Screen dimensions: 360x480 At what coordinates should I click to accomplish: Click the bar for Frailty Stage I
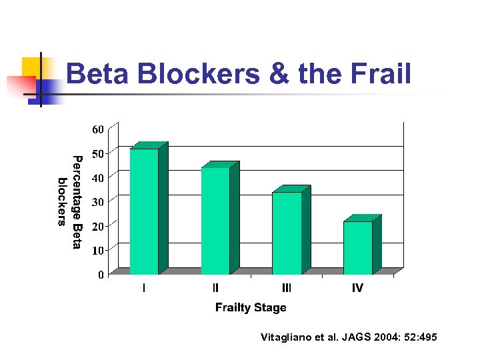click(x=144, y=211)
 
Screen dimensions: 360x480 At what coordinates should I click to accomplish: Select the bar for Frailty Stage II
click(x=215, y=221)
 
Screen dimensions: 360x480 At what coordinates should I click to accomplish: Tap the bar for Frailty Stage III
click(x=287, y=233)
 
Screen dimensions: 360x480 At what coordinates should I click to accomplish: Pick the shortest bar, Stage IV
click(x=358, y=247)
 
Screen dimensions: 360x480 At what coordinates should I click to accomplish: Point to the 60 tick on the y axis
click(x=97, y=129)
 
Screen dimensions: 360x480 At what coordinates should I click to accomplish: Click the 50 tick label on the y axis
click(x=97, y=154)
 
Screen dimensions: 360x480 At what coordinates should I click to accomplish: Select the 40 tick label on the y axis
click(x=97, y=178)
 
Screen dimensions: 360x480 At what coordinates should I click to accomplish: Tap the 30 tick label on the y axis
click(x=97, y=202)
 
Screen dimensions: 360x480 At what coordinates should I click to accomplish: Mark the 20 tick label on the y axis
click(x=97, y=227)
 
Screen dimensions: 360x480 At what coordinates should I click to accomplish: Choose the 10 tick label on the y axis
click(x=97, y=251)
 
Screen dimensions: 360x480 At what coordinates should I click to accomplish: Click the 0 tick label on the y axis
click(x=101, y=275)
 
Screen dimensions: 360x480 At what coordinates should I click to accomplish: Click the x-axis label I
click(x=144, y=288)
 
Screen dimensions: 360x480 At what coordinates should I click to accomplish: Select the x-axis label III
click(x=287, y=288)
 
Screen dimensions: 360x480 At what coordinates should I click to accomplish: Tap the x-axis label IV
click(x=358, y=288)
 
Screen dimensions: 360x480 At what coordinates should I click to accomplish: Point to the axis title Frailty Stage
click(x=251, y=307)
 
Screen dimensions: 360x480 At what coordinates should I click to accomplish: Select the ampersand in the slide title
click(x=279, y=74)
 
